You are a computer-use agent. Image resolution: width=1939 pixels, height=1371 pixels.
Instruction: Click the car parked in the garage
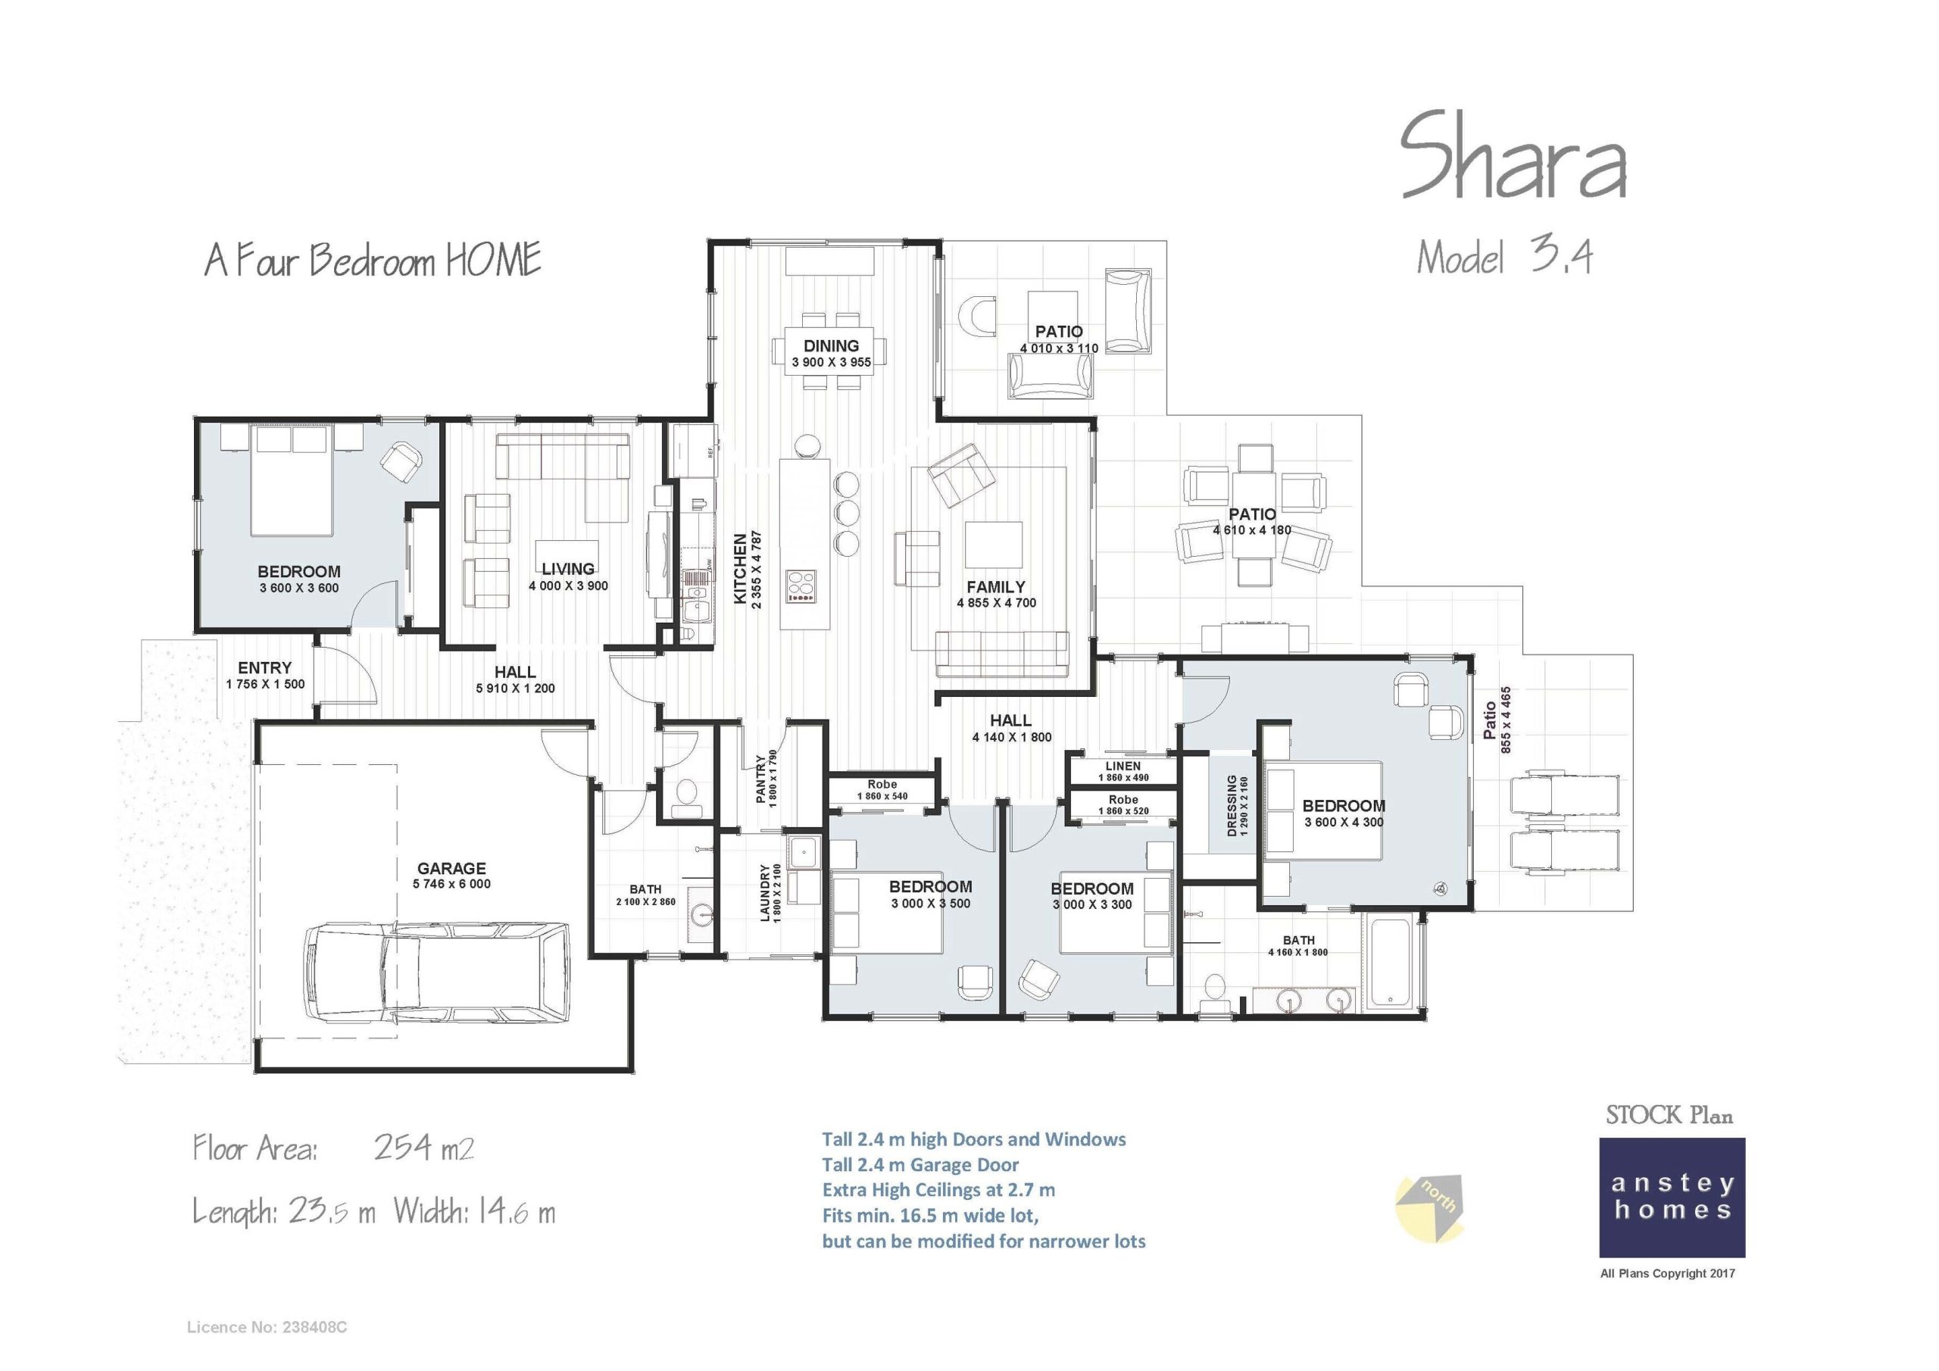click(x=435, y=975)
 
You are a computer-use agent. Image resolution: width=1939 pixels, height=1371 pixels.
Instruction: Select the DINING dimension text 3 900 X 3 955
click(x=831, y=362)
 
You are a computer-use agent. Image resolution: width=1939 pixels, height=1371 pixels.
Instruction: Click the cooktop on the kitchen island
click(x=801, y=586)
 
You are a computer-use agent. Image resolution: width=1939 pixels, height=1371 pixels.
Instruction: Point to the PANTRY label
click(x=760, y=778)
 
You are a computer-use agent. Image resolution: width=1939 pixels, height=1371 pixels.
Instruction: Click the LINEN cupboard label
click(x=1122, y=767)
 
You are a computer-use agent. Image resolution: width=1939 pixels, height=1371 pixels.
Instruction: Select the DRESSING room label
click(x=1232, y=806)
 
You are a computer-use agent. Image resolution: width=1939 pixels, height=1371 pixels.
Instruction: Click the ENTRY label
click(x=264, y=668)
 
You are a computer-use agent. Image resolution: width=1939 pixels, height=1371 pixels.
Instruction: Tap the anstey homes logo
click(x=1672, y=1198)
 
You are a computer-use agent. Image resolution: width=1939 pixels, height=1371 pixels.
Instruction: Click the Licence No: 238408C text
click(x=266, y=1327)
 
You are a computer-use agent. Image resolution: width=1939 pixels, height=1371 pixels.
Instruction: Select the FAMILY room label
click(x=996, y=586)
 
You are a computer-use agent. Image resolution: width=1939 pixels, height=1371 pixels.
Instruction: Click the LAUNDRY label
click(x=765, y=892)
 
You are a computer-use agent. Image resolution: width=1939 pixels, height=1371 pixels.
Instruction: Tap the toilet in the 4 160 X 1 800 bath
click(x=1215, y=989)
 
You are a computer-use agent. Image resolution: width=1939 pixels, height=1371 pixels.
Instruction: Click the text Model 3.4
click(x=1504, y=257)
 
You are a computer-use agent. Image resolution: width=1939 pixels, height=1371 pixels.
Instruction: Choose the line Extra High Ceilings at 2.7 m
click(x=938, y=1190)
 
